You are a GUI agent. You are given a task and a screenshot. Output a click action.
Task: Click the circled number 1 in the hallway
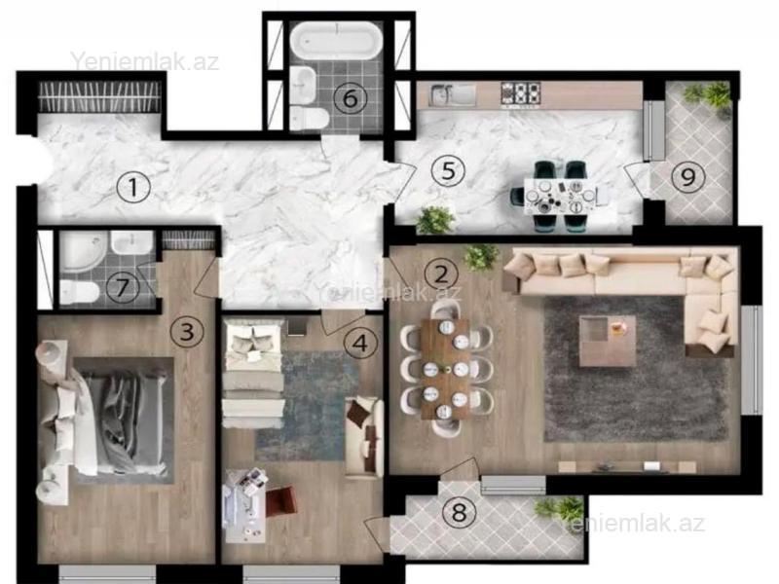pyautogui.click(x=133, y=187)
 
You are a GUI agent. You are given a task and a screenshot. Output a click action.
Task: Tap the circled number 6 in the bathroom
pyautogui.click(x=351, y=98)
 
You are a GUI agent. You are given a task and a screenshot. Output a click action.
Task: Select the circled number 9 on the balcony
pyautogui.click(x=688, y=176)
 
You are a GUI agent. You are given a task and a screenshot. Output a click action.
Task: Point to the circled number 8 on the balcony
pyautogui.click(x=459, y=512)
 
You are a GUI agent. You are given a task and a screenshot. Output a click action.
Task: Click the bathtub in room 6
pyautogui.click(x=336, y=40)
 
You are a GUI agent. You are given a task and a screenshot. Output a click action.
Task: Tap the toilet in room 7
pyautogui.click(x=80, y=292)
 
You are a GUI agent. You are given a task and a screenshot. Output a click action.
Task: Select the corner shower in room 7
pyautogui.click(x=83, y=251)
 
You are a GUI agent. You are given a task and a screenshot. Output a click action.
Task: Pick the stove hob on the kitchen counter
pyautogui.click(x=520, y=93)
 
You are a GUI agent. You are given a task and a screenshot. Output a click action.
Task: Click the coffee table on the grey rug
pyautogui.click(x=608, y=341)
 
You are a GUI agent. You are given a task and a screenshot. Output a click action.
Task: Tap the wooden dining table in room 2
pyautogui.click(x=446, y=369)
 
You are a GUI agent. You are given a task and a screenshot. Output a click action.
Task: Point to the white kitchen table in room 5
pyautogui.click(x=560, y=198)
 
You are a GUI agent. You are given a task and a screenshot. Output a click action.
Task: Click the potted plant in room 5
pyautogui.click(x=435, y=220)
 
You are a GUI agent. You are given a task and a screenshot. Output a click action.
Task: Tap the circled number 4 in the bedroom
pyautogui.click(x=360, y=343)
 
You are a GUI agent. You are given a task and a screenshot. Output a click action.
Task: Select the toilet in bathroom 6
pyautogui.click(x=309, y=118)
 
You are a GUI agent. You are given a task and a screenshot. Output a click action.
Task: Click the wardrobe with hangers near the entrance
pyautogui.click(x=100, y=96)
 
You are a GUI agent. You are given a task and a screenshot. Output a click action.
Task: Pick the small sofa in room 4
pyautogui.click(x=364, y=437)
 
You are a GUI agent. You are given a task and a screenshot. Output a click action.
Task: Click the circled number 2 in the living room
pyautogui.click(x=442, y=274)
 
